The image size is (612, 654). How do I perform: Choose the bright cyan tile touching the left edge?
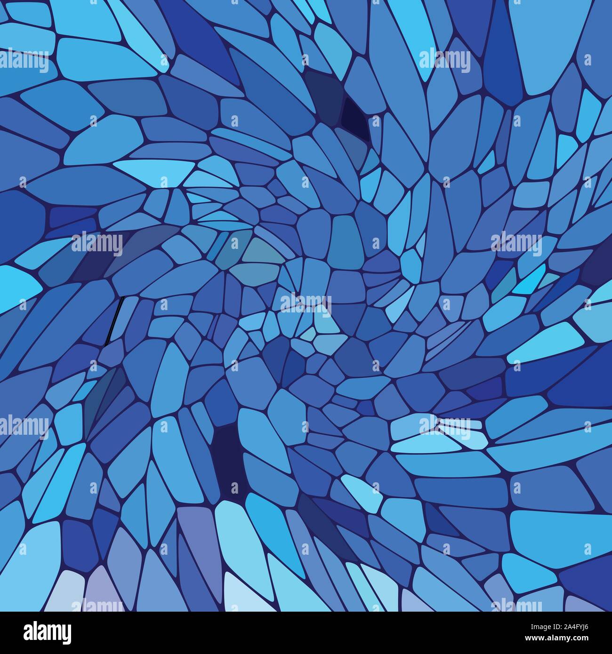pos(19,285)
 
